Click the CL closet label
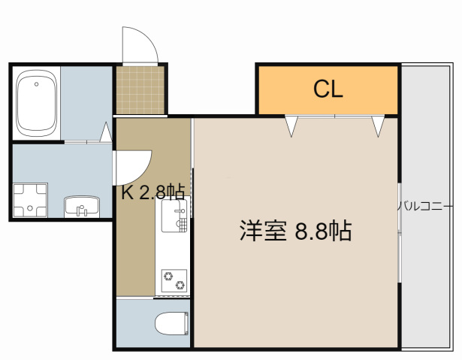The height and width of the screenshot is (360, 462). point(328,89)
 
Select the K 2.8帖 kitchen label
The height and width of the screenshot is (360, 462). point(153,192)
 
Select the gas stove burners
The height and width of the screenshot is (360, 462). point(174,280)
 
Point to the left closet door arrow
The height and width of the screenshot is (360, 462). point(291,125)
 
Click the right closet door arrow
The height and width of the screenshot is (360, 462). point(378,125)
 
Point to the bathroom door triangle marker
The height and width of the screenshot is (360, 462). point(106,133)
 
